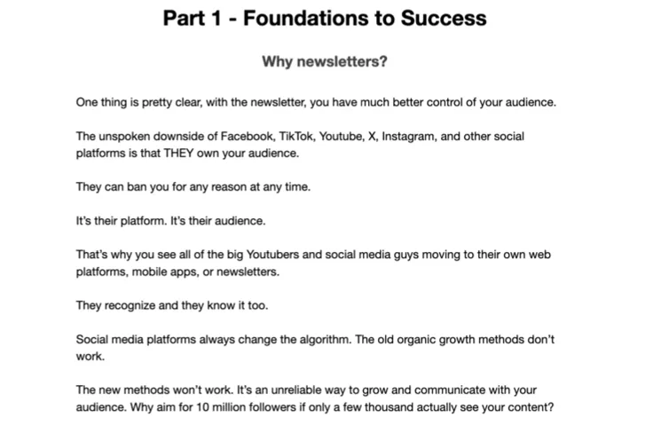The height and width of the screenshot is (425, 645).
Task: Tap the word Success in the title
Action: [x=444, y=18]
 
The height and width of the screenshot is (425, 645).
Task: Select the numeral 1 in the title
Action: [x=216, y=18]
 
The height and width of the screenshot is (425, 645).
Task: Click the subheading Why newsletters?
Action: [x=325, y=61]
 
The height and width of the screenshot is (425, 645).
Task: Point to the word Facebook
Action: [x=248, y=136]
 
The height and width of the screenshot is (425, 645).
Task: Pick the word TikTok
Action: [x=296, y=136]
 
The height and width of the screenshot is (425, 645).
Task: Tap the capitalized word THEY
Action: [x=178, y=153]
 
